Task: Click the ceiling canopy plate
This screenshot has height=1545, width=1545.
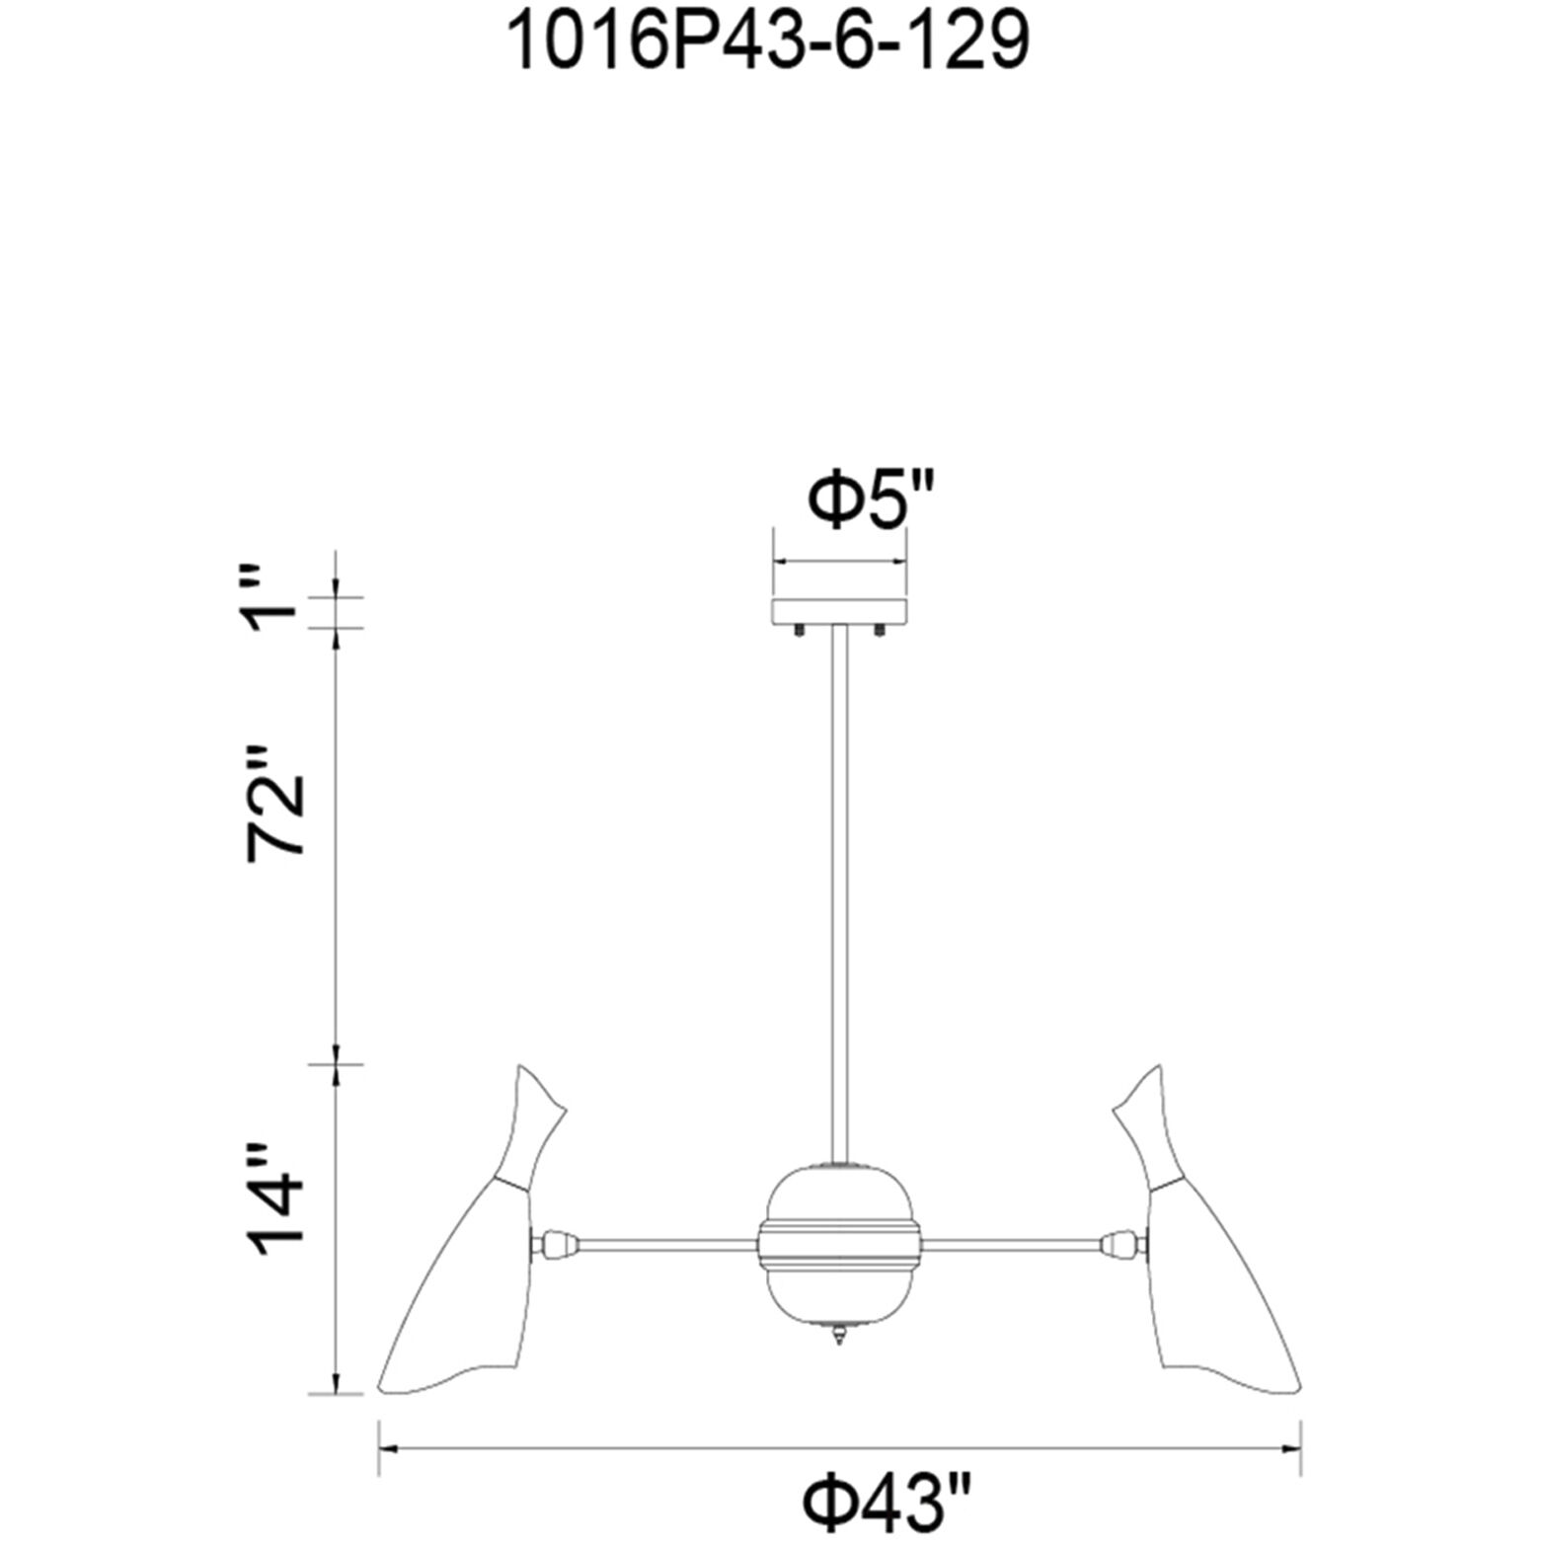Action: (840, 611)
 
